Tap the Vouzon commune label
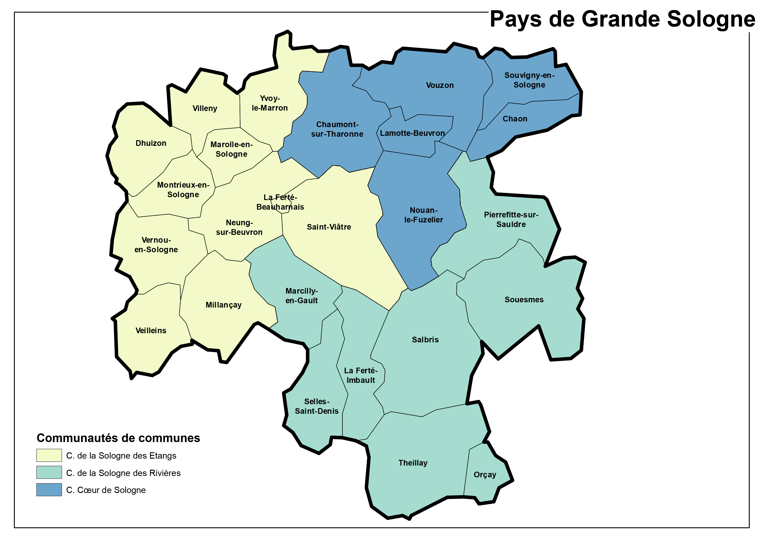pos(440,86)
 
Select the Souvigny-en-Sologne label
pos(529,80)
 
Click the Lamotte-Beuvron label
pos(412,133)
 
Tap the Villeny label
pos(205,108)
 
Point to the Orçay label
pos(484,475)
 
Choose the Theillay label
pos(413,463)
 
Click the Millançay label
pos(224,305)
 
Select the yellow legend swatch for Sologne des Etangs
pos(49,455)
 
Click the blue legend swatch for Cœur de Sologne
pos(49,490)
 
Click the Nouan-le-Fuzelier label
pos(423,215)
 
